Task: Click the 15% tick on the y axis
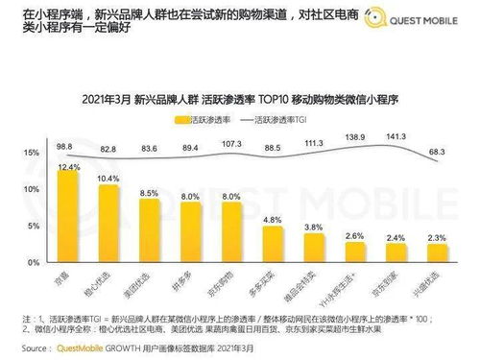point(31,154)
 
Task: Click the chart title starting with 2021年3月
point(239,99)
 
